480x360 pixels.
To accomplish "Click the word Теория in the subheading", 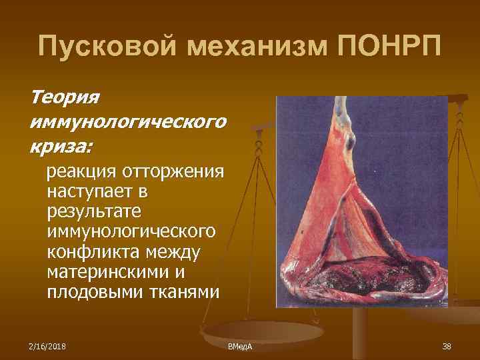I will coord(65,97).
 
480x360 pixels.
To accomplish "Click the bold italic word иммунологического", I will coord(127,121).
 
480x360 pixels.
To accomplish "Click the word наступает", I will coord(90,193).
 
